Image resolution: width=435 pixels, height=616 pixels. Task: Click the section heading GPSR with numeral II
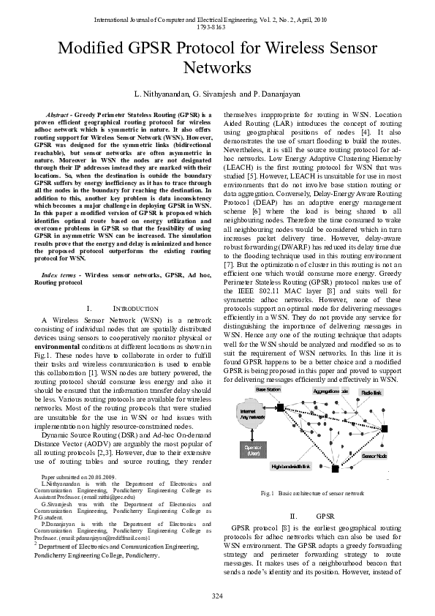click(x=315, y=517)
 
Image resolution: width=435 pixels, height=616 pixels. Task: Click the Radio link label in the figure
click(x=371, y=393)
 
